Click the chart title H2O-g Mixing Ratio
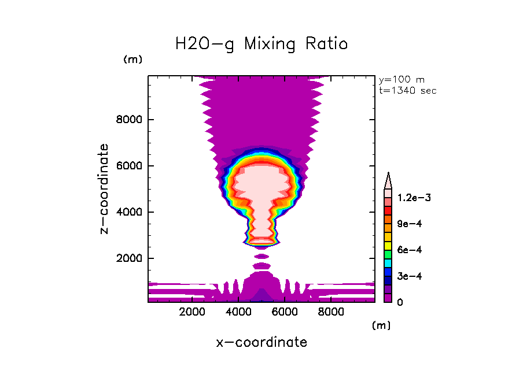point(261,43)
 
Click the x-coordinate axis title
point(261,342)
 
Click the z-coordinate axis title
point(104,189)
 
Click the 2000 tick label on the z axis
point(130,258)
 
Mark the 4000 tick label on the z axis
point(130,212)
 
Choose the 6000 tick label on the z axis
point(130,166)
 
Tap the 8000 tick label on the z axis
point(130,120)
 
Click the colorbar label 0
point(400,302)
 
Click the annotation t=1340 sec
point(408,91)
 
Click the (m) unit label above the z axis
point(132,60)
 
